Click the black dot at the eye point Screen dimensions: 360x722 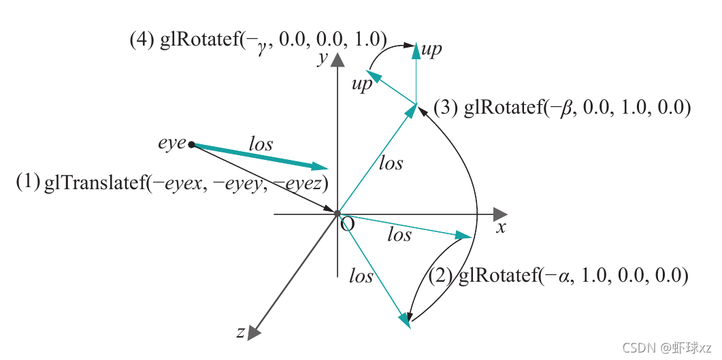191,144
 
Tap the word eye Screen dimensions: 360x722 171,143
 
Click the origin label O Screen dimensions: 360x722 347,225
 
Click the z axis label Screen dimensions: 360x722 240,332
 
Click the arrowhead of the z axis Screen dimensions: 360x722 254,331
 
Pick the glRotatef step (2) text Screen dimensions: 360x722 559,276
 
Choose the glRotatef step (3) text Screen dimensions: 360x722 562,108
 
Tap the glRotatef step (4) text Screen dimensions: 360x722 259,39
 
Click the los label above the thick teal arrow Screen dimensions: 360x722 261,144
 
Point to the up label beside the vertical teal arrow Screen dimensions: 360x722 431,50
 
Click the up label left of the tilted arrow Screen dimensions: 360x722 362,84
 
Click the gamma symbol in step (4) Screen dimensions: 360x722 261,42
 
